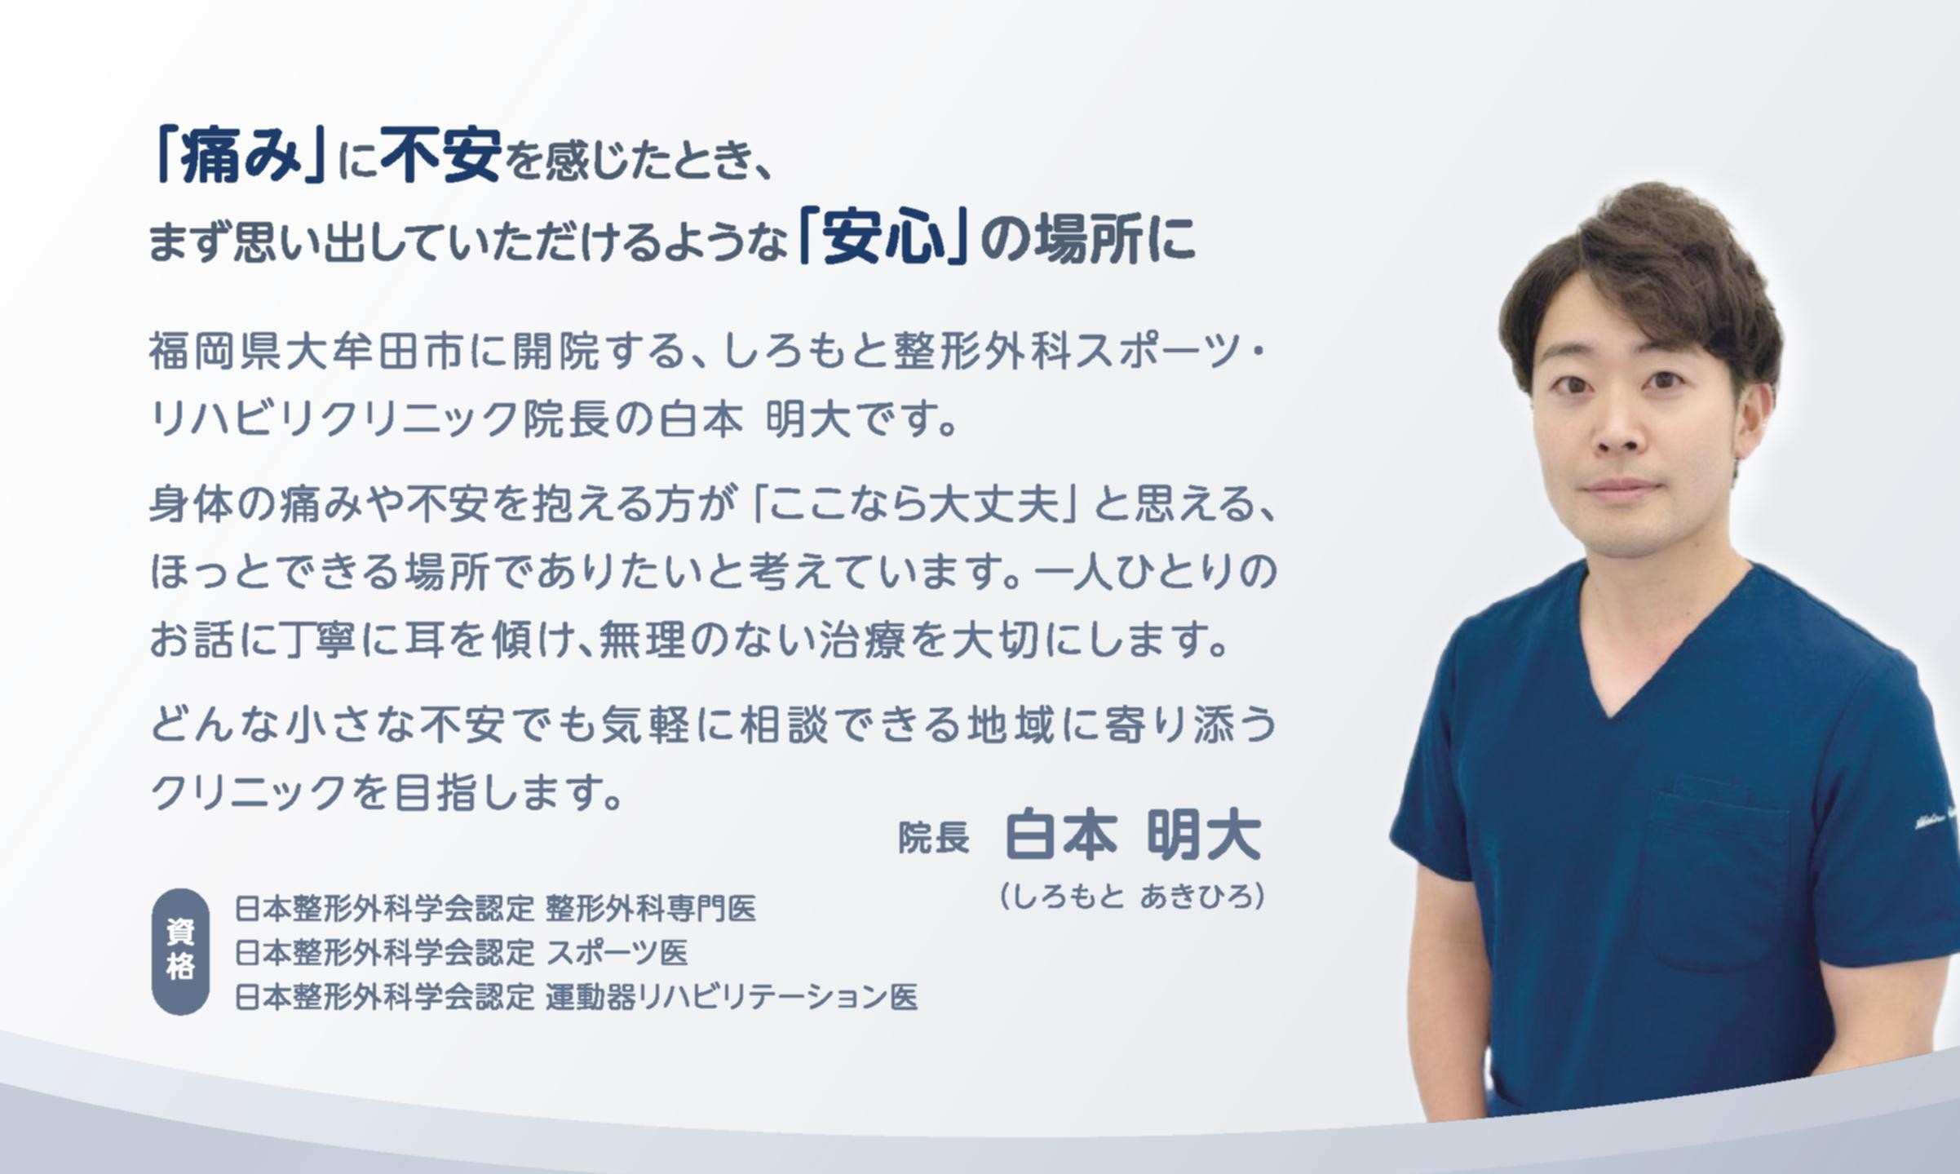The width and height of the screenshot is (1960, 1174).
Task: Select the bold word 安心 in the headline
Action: [x=883, y=238]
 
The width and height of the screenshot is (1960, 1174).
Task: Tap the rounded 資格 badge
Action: [x=180, y=951]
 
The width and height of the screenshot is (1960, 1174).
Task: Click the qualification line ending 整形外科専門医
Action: [x=495, y=908]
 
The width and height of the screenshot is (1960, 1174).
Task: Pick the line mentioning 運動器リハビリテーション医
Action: [x=576, y=996]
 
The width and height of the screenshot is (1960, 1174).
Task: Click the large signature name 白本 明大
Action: [x=1134, y=835]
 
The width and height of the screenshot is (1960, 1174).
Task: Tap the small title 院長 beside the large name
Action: [x=934, y=838]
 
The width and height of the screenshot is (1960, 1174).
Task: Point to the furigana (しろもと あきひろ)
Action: [x=1132, y=896]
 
